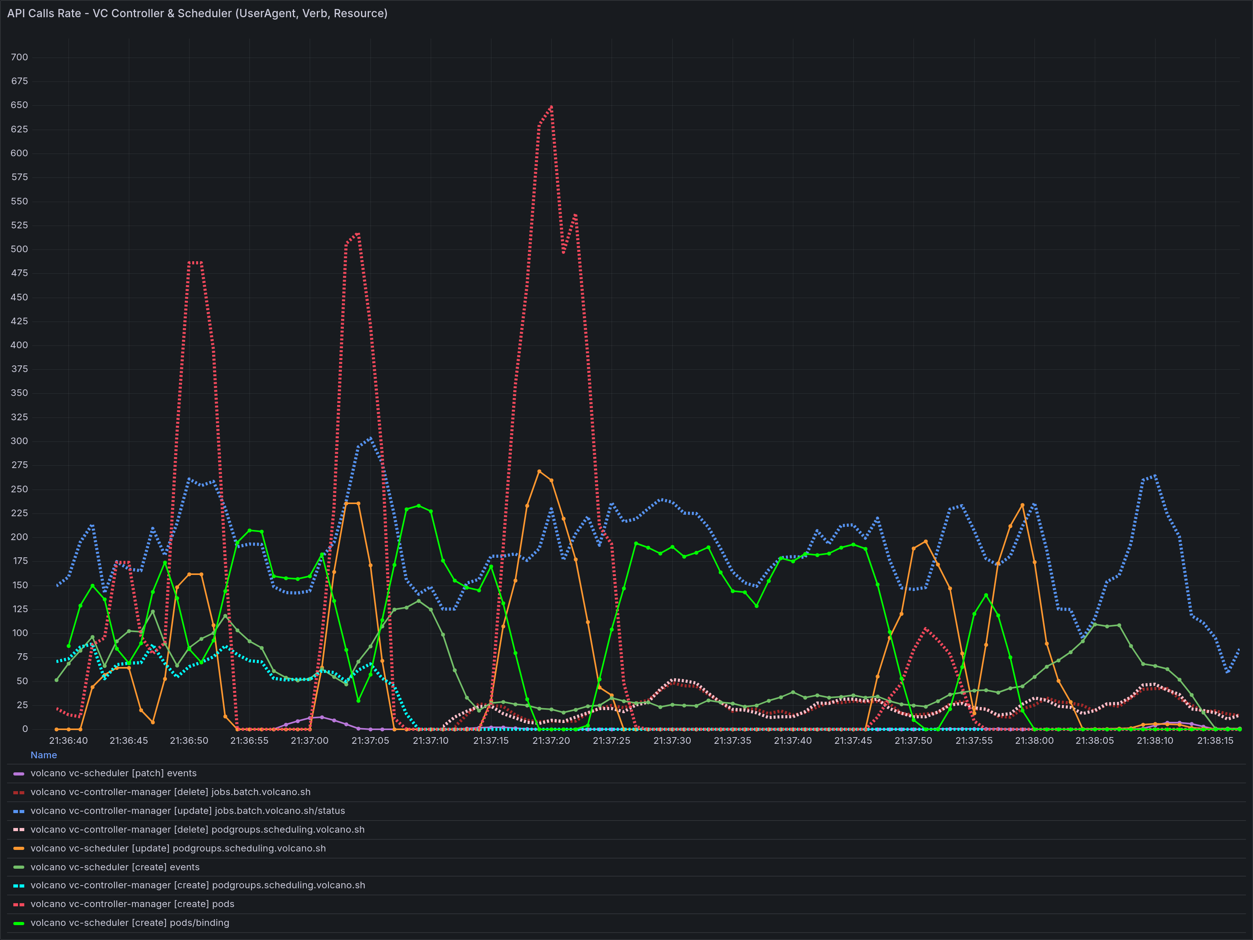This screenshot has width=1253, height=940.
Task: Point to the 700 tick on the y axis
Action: pyautogui.click(x=19, y=57)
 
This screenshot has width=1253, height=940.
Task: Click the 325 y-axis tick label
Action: pyautogui.click(x=19, y=417)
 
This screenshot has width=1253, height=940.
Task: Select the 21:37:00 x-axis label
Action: pyautogui.click(x=309, y=741)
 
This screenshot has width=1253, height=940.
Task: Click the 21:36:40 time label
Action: pyautogui.click(x=69, y=741)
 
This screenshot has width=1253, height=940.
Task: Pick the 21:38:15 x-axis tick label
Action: pyautogui.click(x=1215, y=741)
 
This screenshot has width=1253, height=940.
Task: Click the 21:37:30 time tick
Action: pyautogui.click(x=672, y=741)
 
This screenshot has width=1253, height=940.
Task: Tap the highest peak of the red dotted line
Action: pyautogui.click(x=551, y=107)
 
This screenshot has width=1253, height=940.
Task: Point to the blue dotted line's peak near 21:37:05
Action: pyautogui.click(x=370, y=438)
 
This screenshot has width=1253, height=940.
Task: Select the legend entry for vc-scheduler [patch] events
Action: pyautogui.click(x=113, y=774)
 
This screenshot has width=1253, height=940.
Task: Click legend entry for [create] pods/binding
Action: pyautogui.click(x=130, y=923)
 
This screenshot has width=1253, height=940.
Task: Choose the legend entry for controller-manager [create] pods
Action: pyautogui.click(x=132, y=904)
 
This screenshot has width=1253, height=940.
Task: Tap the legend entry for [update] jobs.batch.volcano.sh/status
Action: pyautogui.click(x=188, y=811)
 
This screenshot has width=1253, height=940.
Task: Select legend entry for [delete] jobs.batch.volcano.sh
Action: pyautogui.click(x=170, y=792)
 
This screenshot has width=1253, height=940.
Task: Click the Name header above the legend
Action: pyautogui.click(x=43, y=755)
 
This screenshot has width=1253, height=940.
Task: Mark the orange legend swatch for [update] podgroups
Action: pyautogui.click(x=19, y=848)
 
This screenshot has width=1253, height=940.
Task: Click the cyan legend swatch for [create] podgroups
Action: pyautogui.click(x=19, y=886)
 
